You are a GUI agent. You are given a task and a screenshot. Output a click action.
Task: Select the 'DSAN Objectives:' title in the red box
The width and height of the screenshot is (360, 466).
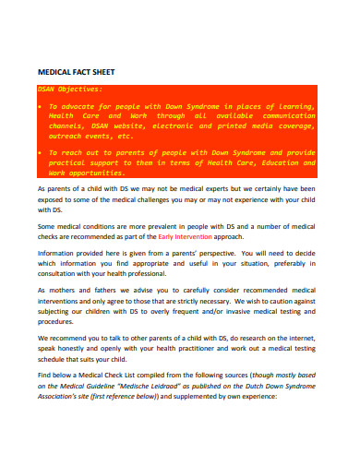(x=67, y=90)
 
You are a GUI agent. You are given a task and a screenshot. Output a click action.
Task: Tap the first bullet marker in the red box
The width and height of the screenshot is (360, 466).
(x=40, y=106)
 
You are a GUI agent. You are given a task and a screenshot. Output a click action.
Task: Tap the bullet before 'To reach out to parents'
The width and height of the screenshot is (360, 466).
(x=40, y=151)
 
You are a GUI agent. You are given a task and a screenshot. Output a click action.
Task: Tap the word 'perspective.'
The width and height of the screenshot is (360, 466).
(x=214, y=252)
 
